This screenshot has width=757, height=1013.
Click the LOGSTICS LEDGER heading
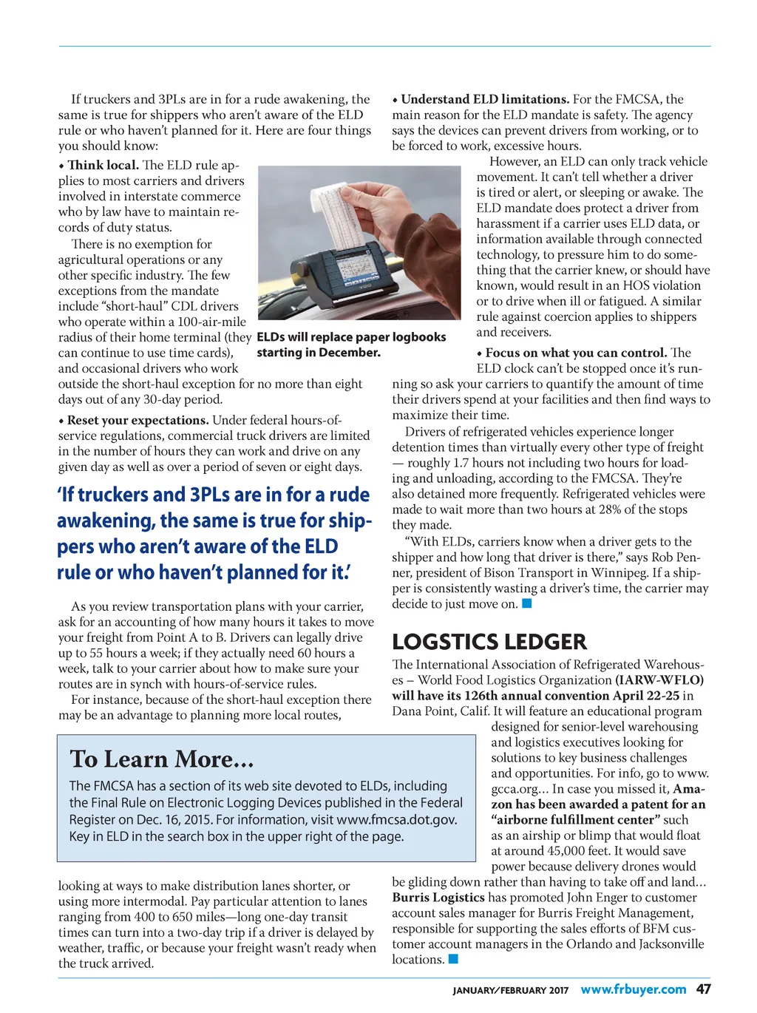point(489,641)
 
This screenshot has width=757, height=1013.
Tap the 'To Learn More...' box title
point(162,759)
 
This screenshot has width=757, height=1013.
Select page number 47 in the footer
point(703,989)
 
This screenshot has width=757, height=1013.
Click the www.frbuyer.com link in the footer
point(634,989)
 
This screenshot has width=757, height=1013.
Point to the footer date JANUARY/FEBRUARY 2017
point(511,990)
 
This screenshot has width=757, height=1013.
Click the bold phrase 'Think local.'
point(103,165)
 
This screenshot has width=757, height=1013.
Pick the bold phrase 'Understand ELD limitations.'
point(485,99)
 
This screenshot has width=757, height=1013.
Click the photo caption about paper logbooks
point(351,345)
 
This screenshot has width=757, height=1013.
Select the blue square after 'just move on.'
point(527,603)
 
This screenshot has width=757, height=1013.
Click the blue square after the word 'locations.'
point(454,959)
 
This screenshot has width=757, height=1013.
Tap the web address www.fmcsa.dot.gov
point(397,819)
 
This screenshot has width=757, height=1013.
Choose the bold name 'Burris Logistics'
point(438,897)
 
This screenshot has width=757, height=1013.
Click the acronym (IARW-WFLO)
point(659,680)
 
